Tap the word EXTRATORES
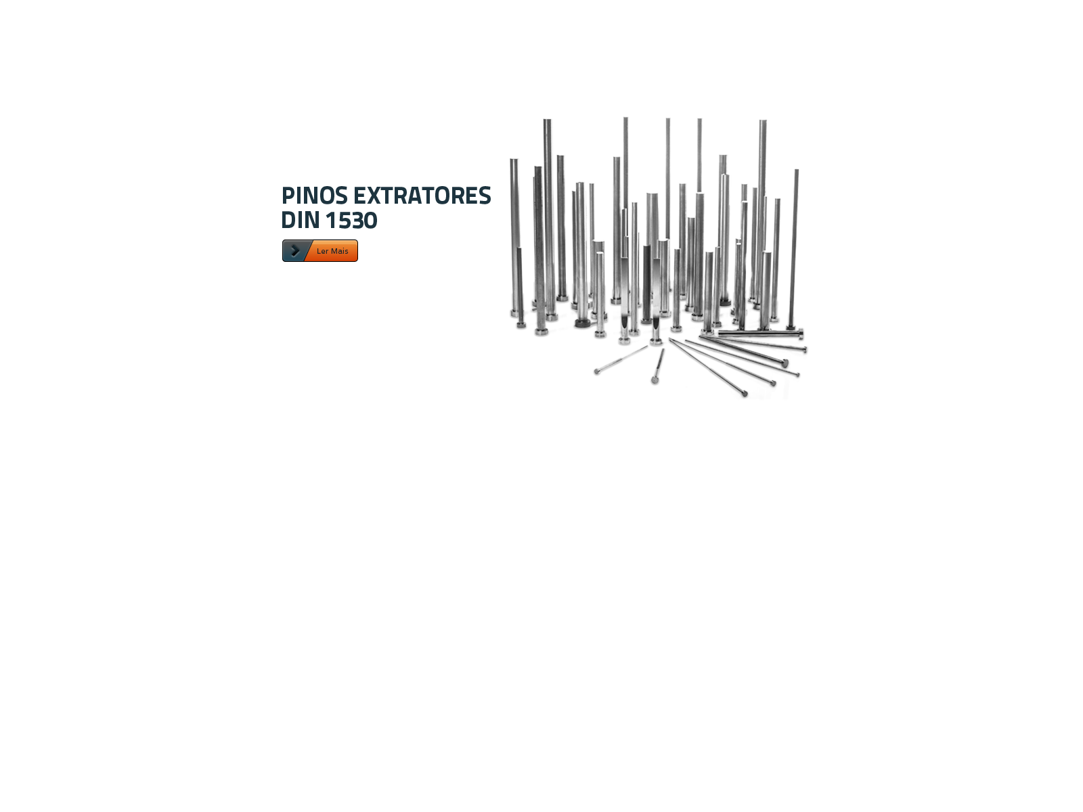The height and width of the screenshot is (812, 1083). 422,196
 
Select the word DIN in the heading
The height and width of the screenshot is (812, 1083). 300,221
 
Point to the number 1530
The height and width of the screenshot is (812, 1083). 351,221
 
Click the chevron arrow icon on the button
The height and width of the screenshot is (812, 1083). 295,251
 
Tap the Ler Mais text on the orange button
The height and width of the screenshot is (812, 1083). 332,251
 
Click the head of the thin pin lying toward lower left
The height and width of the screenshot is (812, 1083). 597,371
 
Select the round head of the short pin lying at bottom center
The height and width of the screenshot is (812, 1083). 655,380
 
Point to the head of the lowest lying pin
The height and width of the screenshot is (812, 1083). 745,393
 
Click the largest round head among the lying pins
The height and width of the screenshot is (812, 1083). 784,364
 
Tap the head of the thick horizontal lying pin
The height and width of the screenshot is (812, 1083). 801,334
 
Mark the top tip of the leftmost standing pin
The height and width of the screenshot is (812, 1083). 514,160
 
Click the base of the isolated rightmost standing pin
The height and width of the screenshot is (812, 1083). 791,327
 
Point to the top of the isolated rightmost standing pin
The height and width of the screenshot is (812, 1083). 796,171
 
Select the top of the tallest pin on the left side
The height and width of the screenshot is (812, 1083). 547,120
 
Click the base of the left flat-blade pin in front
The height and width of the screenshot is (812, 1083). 624,340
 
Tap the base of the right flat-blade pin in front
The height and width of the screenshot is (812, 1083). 656,341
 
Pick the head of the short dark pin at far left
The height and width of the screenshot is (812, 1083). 521,325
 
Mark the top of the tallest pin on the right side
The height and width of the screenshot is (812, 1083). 763,121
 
